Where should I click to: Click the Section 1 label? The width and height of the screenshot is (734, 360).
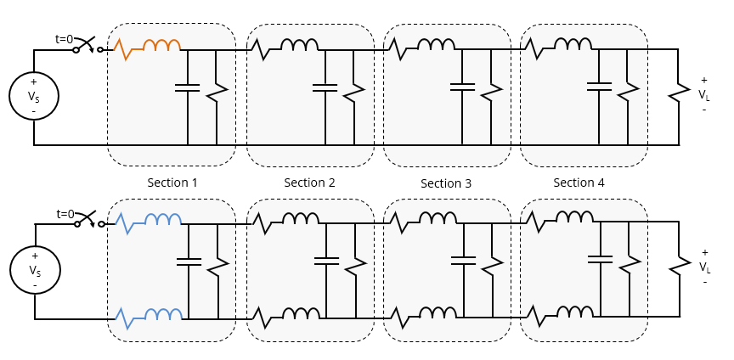point(172,183)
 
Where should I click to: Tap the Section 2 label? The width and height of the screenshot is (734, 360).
point(309,183)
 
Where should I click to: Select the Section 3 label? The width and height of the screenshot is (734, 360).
point(446,183)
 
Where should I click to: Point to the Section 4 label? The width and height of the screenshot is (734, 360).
point(579,183)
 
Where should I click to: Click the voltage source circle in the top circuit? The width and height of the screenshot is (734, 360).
point(33,96)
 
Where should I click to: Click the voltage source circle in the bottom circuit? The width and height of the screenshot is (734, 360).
point(34,270)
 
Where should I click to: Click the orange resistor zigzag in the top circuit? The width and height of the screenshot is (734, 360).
point(125,48)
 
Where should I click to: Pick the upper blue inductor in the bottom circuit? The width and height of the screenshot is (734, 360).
point(163,220)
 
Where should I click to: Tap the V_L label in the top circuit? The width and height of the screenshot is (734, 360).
point(704,94)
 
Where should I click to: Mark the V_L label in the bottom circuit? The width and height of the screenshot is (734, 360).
point(704,267)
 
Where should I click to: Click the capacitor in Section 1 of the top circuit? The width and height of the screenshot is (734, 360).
point(187,87)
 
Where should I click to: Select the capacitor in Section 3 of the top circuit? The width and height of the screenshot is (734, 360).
point(462,87)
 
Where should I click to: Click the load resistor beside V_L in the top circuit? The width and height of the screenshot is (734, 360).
point(679,91)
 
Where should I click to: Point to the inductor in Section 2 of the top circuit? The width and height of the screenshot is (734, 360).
point(299,45)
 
